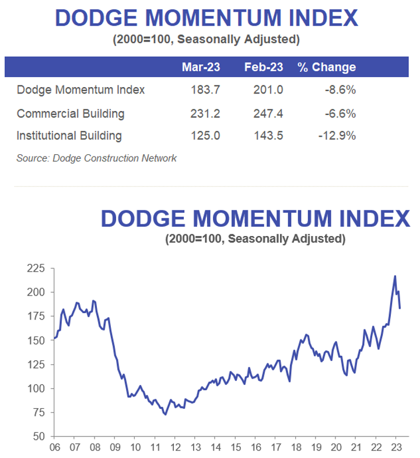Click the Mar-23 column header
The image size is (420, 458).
201,67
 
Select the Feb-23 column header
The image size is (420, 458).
264,67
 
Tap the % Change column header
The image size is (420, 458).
327,67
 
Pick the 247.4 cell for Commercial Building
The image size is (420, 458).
268,113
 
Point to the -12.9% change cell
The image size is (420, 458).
337,136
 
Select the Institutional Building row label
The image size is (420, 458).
69,136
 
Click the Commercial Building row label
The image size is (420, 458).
71,113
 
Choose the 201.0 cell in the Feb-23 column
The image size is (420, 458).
268,90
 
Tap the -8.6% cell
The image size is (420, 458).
341,90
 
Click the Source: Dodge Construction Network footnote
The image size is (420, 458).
96,158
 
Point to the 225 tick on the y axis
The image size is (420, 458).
36,269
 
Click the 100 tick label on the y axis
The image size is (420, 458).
36,388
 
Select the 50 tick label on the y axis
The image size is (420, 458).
38,436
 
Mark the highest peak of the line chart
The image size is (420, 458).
395,276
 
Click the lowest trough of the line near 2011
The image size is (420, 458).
165,414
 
